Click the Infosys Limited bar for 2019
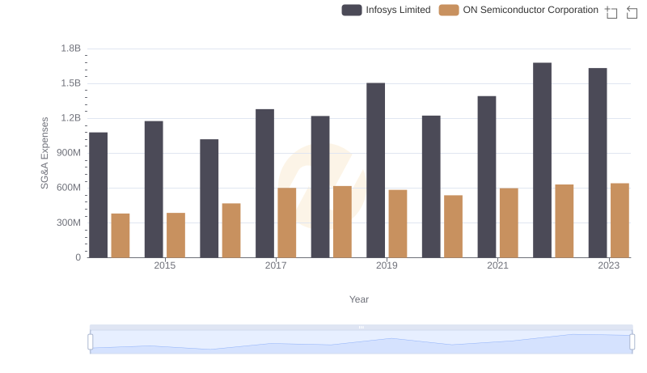(375, 170)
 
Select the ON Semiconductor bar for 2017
(287, 223)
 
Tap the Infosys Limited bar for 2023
(598, 163)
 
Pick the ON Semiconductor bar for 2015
(175, 235)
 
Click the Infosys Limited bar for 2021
(487, 176)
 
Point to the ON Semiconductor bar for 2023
(620, 220)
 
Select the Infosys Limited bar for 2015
(154, 189)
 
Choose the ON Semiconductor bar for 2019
(398, 223)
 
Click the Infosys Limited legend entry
(386, 10)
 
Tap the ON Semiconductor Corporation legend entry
(518, 10)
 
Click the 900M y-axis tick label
(68, 153)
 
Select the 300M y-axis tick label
(68, 223)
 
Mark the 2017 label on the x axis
(276, 265)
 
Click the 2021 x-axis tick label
(497, 265)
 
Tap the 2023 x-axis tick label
(608, 265)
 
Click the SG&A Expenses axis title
(45, 153)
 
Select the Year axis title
(359, 299)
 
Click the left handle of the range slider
(91, 342)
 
